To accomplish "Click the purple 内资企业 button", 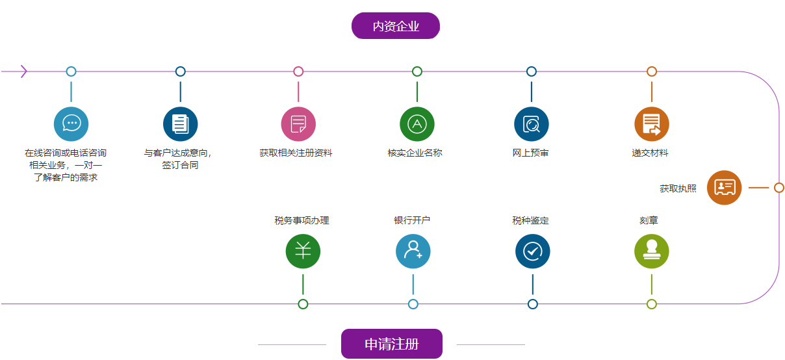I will click(x=396, y=26).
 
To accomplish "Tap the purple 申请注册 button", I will click(x=391, y=344).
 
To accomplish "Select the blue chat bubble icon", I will click(x=71, y=124).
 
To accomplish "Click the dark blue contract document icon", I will click(x=181, y=124).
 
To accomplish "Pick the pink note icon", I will click(x=298, y=124).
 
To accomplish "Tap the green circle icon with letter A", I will click(x=417, y=124).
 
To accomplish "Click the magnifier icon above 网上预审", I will click(x=532, y=124).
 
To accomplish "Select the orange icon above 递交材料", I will click(x=652, y=124).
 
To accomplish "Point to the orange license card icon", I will click(x=724, y=188).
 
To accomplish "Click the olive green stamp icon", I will click(x=652, y=251).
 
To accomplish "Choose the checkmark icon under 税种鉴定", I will click(x=533, y=251).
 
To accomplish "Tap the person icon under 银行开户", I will click(x=413, y=251).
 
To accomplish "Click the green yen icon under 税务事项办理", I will click(x=303, y=251).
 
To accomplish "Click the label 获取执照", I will click(x=678, y=188).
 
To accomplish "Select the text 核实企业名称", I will click(x=415, y=153).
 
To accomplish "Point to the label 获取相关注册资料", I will click(x=296, y=153).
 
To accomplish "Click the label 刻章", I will click(x=649, y=221).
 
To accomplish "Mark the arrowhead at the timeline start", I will click(x=24, y=71).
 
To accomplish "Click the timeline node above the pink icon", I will click(x=298, y=71).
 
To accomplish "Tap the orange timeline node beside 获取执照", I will click(x=779, y=188).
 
